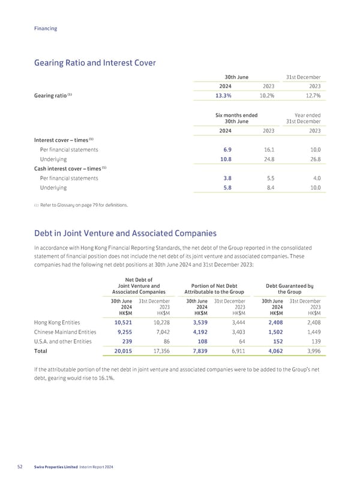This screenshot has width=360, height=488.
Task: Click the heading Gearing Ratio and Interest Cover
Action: [x=96, y=62]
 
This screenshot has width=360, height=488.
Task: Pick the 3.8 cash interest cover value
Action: [x=227, y=178]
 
